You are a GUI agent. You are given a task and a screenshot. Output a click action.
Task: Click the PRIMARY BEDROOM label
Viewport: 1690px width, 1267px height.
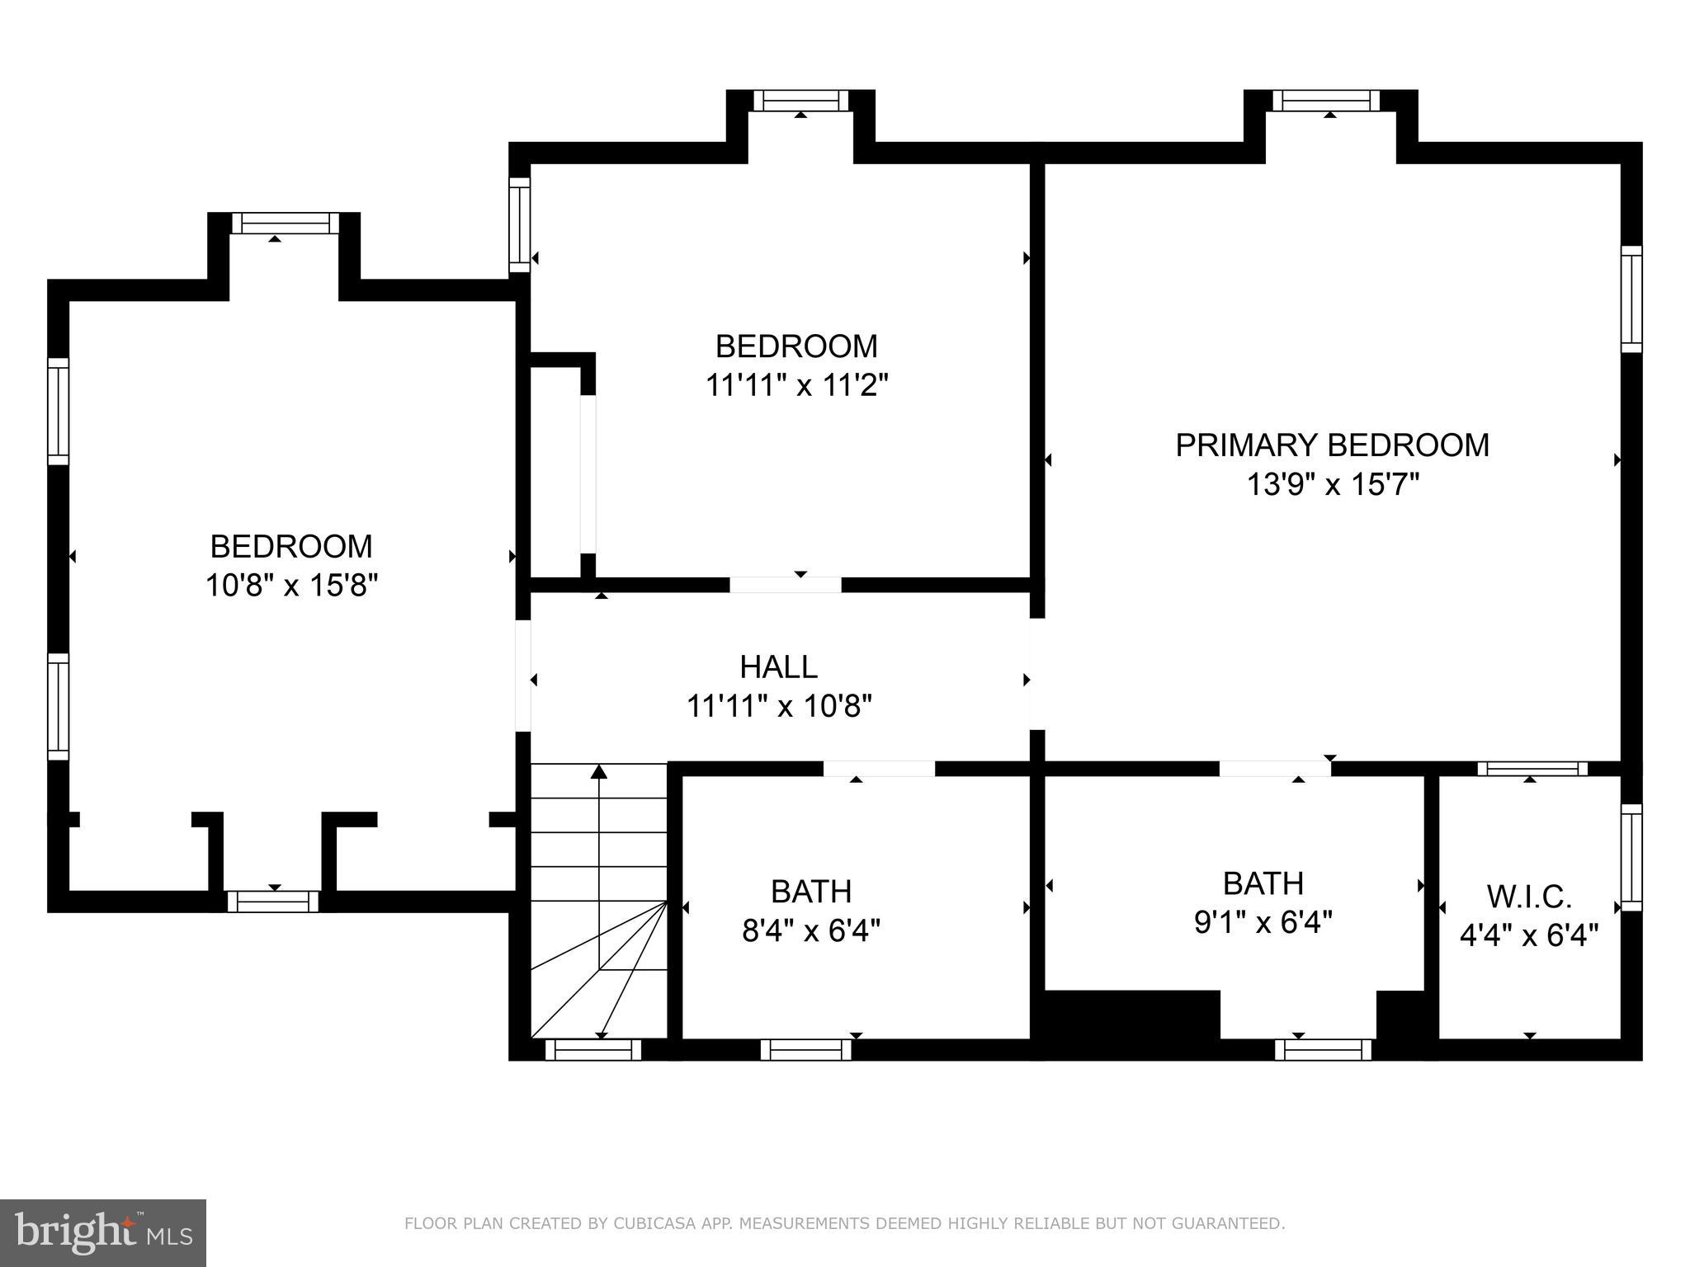point(1332,445)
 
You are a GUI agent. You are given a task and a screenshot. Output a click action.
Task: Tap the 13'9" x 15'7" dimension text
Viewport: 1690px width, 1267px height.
point(1332,484)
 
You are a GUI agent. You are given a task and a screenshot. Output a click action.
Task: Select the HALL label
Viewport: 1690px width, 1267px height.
point(778,666)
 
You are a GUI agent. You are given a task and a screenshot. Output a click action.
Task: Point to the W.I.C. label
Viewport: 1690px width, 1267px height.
point(1529,896)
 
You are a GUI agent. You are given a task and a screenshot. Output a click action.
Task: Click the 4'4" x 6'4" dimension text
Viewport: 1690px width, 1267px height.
point(1529,935)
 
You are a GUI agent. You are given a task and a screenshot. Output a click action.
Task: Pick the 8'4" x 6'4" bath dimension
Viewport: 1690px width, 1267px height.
point(811,931)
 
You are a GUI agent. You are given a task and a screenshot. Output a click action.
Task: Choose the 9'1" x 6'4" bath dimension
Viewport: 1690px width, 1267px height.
point(1263,921)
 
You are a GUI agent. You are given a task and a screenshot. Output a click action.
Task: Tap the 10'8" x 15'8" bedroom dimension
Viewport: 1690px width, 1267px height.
point(291,586)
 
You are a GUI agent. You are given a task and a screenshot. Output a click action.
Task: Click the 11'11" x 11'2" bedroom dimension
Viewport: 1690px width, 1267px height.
point(796,385)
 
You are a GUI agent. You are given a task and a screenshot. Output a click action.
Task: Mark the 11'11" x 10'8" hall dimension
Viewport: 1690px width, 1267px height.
point(779,706)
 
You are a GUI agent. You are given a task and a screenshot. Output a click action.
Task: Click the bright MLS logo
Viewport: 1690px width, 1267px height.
point(103,1233)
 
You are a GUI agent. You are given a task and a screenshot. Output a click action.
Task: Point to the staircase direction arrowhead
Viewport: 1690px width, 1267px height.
point(599,772)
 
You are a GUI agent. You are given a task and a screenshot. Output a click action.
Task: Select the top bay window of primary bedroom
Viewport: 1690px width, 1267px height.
point(1326,101)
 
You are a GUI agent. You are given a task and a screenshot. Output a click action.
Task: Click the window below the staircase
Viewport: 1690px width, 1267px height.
point(593,1049)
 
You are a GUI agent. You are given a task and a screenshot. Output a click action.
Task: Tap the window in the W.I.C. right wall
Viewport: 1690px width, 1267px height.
point(1631,858)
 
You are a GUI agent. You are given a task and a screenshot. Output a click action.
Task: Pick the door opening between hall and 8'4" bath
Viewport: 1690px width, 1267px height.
point(879,769)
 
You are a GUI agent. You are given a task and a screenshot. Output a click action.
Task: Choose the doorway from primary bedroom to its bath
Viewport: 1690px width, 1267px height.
point(1275,769)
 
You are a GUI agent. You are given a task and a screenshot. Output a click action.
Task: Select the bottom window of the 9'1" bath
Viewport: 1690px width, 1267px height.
point(1324,1049)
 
